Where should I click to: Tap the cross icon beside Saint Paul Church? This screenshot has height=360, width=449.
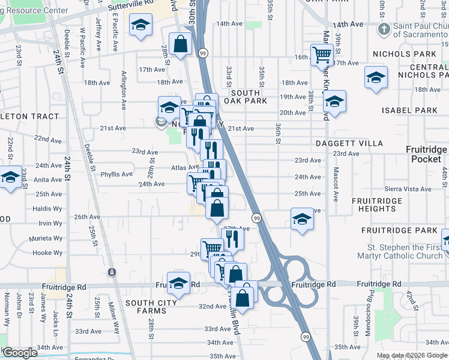click(383, 29)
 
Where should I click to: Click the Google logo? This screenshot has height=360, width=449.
click(20, 353)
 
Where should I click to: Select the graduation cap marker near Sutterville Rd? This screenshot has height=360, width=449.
click(141, 25)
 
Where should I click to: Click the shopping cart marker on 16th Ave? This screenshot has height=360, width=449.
click(322, 55)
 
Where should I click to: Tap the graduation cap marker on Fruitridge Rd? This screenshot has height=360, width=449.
click(178, 283)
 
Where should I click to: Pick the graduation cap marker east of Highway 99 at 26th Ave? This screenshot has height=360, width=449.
click(302, 218)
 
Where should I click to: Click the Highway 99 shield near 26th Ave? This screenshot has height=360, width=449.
click(256, 217)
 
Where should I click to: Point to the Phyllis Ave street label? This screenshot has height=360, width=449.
click(116, 175)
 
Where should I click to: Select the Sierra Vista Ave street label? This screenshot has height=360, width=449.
click(408, 189)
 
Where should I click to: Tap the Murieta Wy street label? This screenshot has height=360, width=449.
click(47, 239)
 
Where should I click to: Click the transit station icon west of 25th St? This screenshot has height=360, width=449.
click(112, 272)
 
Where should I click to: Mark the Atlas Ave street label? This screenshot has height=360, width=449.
click(185, 168)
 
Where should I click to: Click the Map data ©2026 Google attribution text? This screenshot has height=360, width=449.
click(412, 355)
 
